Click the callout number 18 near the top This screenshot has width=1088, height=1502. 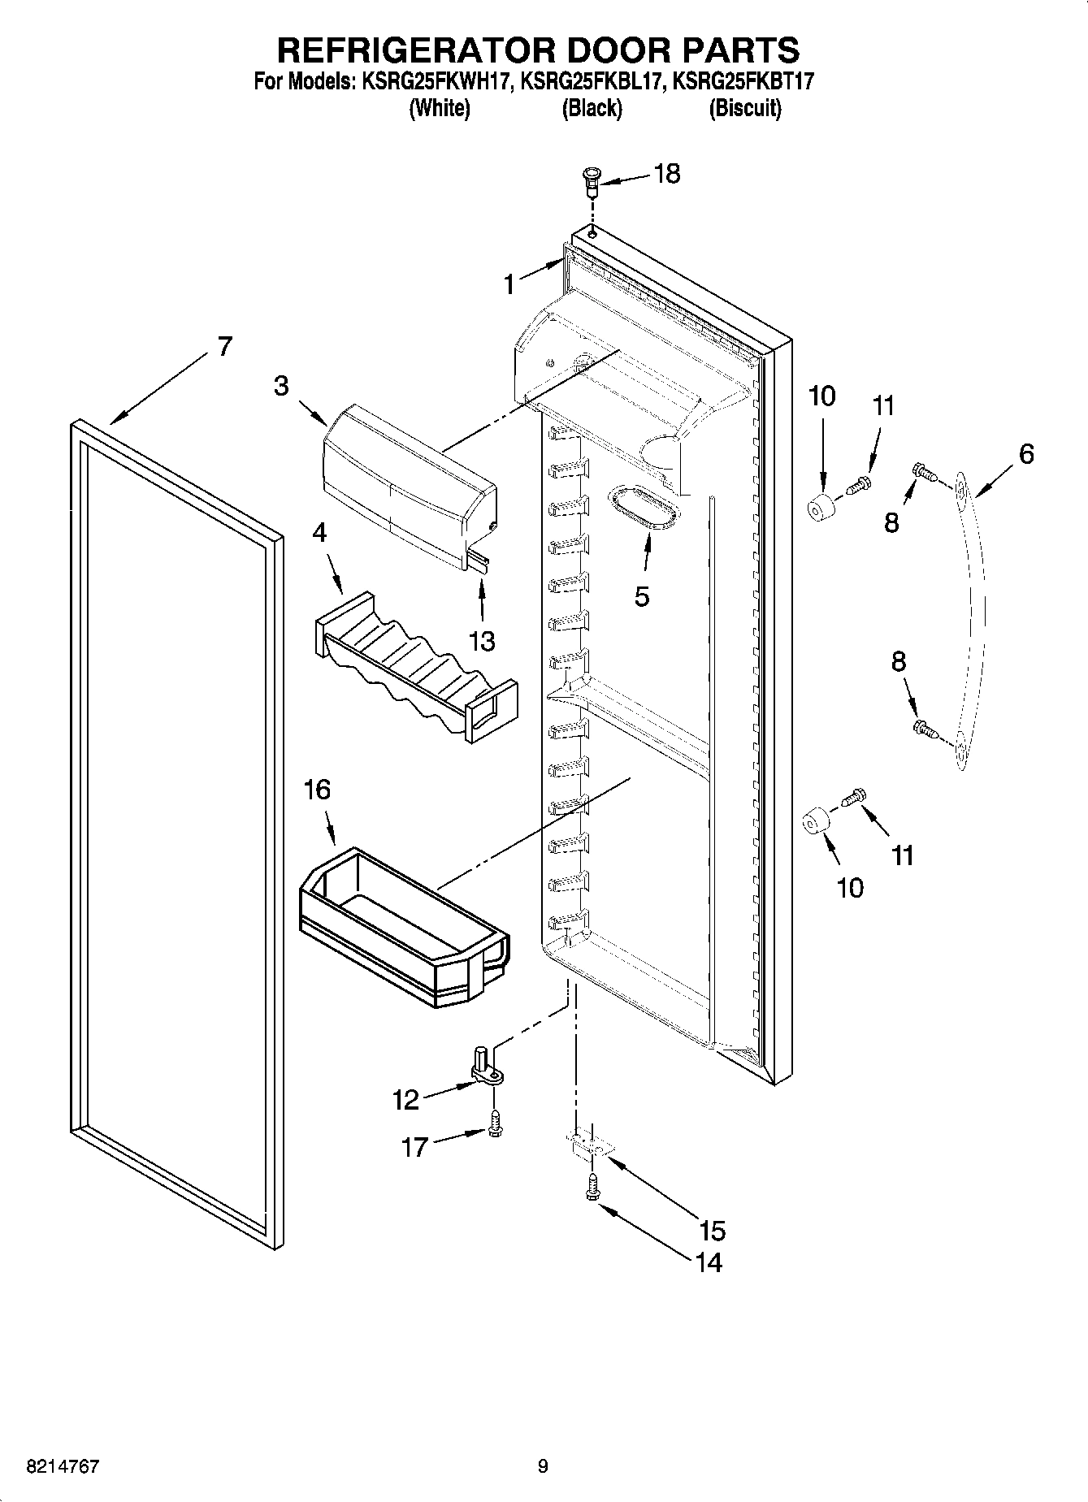pyautogui.click(x=667, y=174)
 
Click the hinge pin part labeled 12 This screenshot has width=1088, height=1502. pyautogui.click(x=485, y=1067)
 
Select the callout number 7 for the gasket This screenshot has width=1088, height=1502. pyautogui.click(x=223, y=346)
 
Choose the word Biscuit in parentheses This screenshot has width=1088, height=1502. pyautogui.click(x=745, y=109)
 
